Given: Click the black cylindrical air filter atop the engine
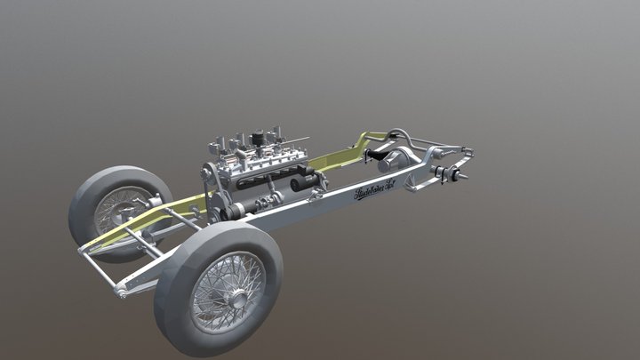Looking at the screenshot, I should (x=259, y=139).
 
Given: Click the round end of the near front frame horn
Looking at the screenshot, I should (x=121, y=292).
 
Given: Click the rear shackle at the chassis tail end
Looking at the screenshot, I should (x=468, y=152).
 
